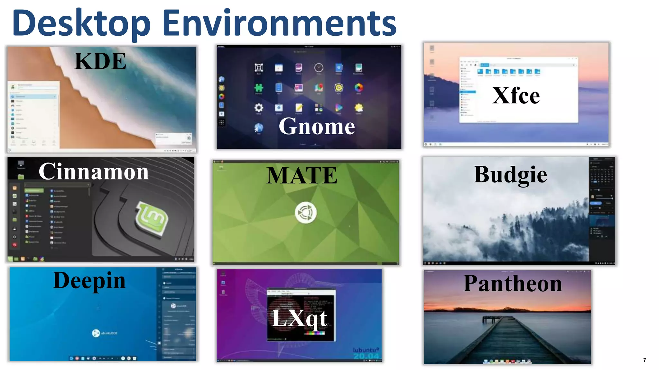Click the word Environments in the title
click(279, 23)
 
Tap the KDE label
click(100, 61)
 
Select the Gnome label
click(317, 126)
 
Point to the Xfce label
click(516, 96)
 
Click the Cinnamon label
click(94, 172)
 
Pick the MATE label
click(302, 175)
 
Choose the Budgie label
click(510, 175)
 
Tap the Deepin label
click(89, 280)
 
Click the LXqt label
click(299, 318)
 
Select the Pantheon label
click(513, 284)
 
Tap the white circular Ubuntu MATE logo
click(306, 213)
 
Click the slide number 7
click(645, 360)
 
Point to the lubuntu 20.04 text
click(366, 353)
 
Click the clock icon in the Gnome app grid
click(319, 67)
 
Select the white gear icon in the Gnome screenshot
click(259, 107)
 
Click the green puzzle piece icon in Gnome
click(259, 87)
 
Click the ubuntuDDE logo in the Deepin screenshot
click(96, 333)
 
